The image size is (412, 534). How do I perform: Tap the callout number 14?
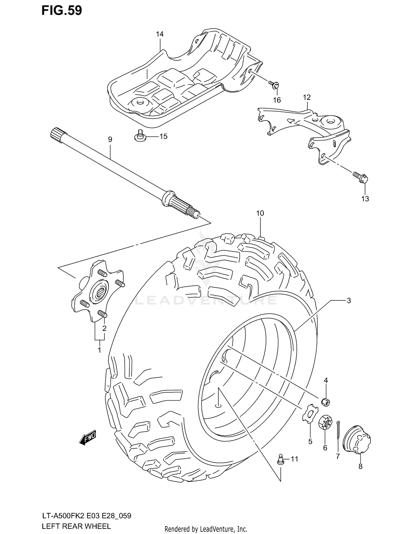(x=160, y=34)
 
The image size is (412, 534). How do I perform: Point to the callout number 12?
(x=307, y=97)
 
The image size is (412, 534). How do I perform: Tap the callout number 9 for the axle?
(x=110, y=139)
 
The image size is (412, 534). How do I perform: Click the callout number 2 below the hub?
(x=104, y=328)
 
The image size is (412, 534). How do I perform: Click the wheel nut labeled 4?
(x=326, y=402)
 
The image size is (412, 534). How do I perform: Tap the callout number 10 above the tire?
(x=260, y=213)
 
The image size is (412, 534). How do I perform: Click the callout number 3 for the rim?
(x=349, y=301)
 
